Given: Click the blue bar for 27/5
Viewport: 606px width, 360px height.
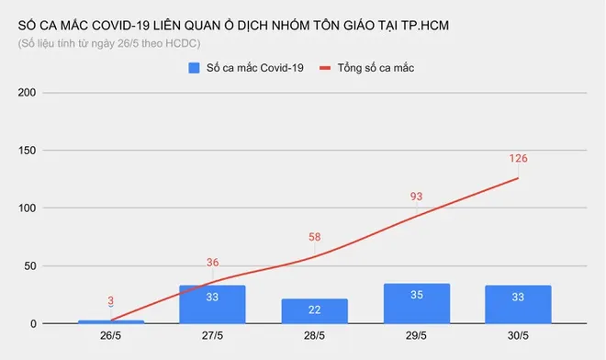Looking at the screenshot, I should point(212,304).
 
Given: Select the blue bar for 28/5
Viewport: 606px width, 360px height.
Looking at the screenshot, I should point(314,310).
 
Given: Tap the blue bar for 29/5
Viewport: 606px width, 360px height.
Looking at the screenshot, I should point(417,303).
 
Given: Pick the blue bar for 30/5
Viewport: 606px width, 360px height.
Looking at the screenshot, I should point(518,304).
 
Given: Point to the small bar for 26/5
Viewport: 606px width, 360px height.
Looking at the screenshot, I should point(110,321).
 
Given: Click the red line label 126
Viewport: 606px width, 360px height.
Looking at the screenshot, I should point(518,159).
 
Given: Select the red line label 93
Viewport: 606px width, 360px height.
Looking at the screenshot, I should point(417,197).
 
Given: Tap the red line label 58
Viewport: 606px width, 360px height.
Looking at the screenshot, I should point(314,237).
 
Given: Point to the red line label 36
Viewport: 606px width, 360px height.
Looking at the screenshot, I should point(212,263).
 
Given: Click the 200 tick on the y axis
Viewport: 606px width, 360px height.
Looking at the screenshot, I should point(28,93).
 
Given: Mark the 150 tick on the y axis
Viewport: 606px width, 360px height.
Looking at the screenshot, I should point(28,151).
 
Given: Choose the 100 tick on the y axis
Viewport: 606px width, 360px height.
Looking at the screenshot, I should point(28,208).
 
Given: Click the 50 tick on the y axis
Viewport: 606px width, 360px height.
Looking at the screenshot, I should point(30,266).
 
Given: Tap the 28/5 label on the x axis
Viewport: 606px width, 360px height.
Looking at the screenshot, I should point(314,337).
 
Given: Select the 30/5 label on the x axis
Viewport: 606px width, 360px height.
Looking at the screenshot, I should point(518,337).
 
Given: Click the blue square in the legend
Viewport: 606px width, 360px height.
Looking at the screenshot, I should point(195,68).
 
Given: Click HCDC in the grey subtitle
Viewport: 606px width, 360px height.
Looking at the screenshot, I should point(181,43).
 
